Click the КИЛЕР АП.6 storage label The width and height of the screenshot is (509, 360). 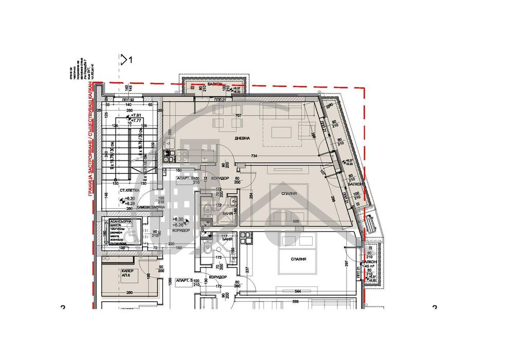(x=128, y=272)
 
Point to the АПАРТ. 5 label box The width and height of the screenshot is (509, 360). (x=184, y=280)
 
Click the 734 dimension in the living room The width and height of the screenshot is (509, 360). (x=254, y=156)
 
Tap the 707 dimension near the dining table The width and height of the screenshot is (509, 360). (x=238, y=116)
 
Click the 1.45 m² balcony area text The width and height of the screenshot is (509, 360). (x=369, y=267)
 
